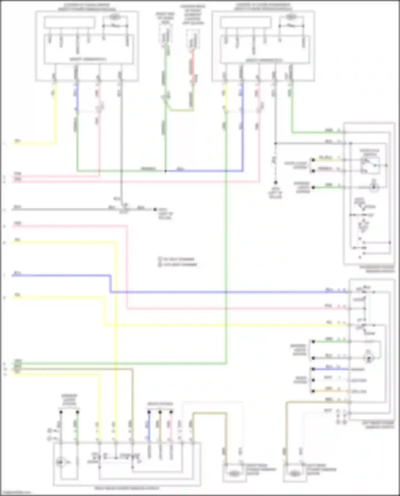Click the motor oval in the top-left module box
[x=115, y=17]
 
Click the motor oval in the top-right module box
[x=291, y=17]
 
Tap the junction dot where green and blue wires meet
[x=166, y=171]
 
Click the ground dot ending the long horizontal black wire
[x=155, y=209]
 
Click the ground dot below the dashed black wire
[x=276, y=183]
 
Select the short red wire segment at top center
[x=193, y=67]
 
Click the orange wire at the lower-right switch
[x=331, y=391]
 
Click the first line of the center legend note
[x=178, y=259]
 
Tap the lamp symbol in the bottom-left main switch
[x=60, y=462]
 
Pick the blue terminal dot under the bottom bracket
[x=149, y=412]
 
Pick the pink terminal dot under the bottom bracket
[x=171, y=412]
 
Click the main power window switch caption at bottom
[x=127, y=488]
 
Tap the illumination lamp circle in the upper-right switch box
[x=374, y=187]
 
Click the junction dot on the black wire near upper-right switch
[x=276, y=143]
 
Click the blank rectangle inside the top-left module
[x=69, y=22]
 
